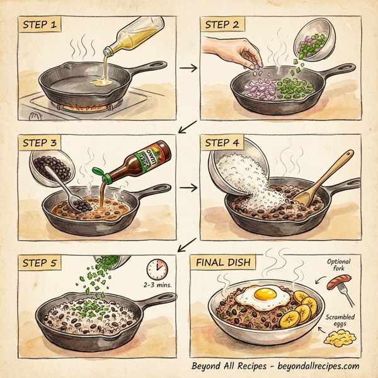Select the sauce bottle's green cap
[98, 171]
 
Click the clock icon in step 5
[157, 269]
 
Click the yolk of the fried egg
[265, 293]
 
